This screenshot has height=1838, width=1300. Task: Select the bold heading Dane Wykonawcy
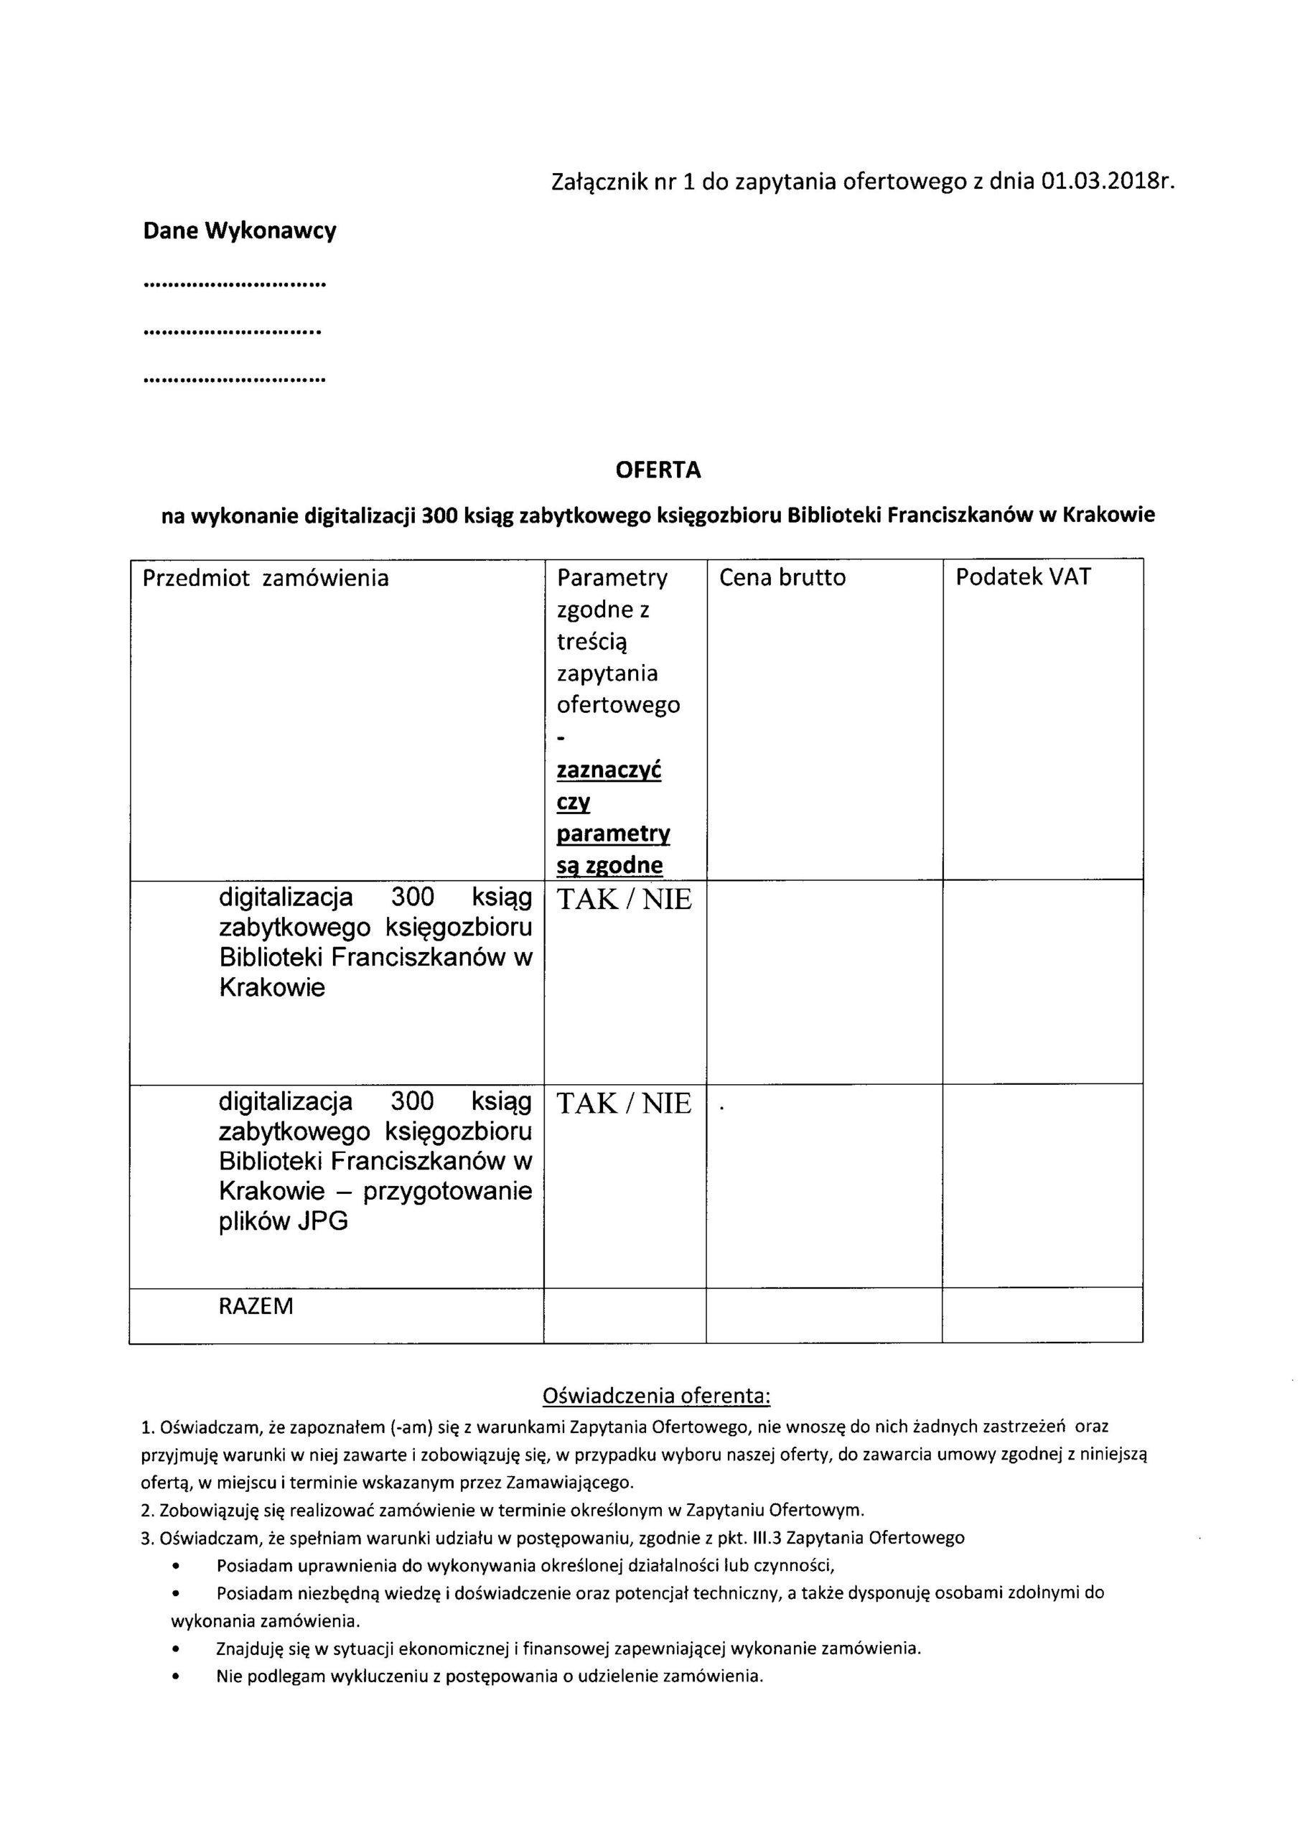239,231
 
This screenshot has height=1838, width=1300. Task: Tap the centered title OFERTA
658,470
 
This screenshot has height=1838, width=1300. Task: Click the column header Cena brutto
782,577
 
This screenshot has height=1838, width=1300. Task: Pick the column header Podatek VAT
1022,577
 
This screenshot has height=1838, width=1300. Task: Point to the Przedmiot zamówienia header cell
265,577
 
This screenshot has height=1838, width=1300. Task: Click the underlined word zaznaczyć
609,770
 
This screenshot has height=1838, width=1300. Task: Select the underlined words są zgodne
609,865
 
